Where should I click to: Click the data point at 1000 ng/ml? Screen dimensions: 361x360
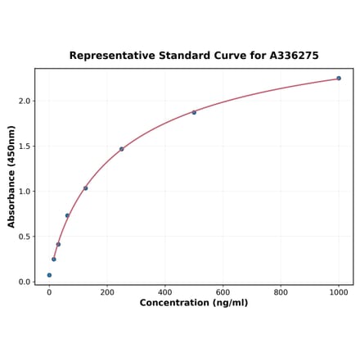click(x=339, y=79)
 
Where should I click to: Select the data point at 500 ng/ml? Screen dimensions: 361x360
click(x=194, y=112)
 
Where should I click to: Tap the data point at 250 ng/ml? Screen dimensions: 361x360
click(x=121, y=149)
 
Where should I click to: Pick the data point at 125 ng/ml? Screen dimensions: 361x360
click(x=85, y=188)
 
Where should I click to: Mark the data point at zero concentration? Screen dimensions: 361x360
click(x=49, y=275)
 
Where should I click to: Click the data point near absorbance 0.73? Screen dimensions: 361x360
click(x=67, y=215)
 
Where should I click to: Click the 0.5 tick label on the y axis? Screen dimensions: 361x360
click(x=25, y=237)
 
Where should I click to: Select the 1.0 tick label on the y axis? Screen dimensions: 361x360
click(x=25, y=192)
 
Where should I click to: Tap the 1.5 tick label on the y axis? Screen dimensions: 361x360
click(x=25, y=147)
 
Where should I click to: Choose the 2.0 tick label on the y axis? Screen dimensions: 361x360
click(x=25, y=102)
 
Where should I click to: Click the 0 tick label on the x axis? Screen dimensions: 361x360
click(x=49, y=292)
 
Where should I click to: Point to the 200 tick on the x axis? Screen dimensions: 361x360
click(x=107, y=292)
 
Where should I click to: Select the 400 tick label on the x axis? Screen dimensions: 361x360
click(x=165, y=292)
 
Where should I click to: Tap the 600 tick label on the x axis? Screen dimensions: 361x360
click(x=223, y=292)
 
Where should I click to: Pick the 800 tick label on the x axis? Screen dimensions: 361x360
click(x=281, y=292)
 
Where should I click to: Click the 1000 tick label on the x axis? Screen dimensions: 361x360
click(x=339, y=292)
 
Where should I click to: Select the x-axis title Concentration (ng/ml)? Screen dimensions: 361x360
click(x=194, y=303)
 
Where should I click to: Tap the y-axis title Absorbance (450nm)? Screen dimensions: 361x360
click(x=11, y=176)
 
